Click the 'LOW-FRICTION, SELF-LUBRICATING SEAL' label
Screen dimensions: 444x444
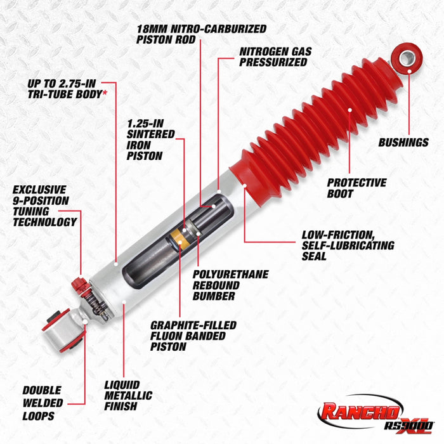pos(347,245)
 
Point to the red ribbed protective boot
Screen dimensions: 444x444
pos(304,127)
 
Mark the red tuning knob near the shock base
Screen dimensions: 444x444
pos(80,285)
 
